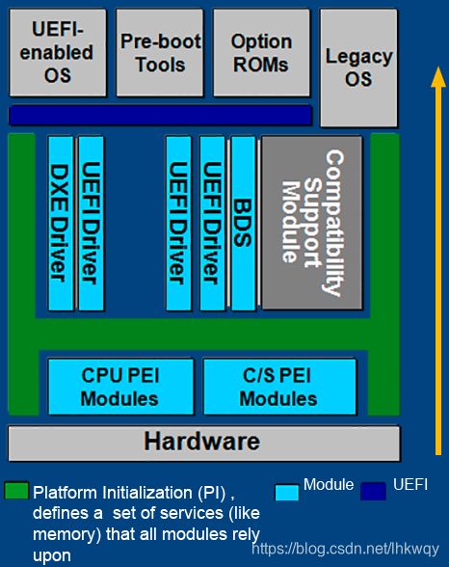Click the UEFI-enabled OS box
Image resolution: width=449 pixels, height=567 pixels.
point(58,53)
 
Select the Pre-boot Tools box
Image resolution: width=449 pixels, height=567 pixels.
point(160,53)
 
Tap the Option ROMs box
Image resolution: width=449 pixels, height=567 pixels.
point(261,53)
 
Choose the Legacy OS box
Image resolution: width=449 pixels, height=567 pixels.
point(358,67)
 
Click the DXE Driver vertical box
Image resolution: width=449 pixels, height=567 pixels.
point(61,223)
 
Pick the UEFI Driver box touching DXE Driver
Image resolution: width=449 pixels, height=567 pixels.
point(91,223)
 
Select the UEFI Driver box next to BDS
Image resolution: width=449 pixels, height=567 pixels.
point(212,223)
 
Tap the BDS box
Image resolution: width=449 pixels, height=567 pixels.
point(243,223)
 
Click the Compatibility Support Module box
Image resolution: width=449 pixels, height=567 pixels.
point(312,223)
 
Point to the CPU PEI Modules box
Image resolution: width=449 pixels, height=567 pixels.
point(120,386)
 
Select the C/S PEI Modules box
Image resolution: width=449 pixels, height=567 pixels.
point(279,386)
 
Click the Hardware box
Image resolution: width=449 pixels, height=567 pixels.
point(204,444)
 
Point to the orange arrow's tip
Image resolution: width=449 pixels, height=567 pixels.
point(438,67)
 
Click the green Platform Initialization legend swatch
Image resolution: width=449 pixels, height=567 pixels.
point(16,490)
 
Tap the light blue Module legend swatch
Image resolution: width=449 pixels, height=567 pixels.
point(287,492)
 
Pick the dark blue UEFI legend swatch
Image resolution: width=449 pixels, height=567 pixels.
point(373,492)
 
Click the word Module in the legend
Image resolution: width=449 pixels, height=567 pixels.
point(329,484)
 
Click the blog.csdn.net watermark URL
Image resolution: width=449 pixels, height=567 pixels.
point(345,549)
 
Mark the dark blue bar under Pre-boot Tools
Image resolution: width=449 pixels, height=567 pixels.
point(160,115)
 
